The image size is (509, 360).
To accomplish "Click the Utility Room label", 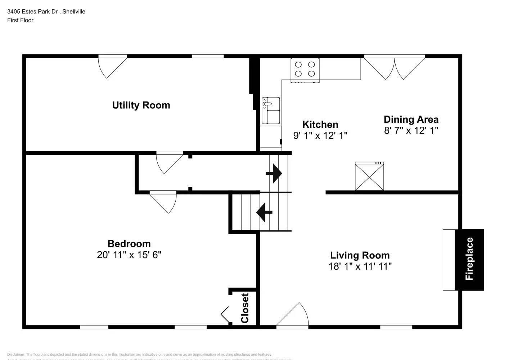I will point(141,105).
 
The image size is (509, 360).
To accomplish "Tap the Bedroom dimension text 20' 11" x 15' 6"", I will point(129,255).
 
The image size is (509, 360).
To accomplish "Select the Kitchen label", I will point(320,125).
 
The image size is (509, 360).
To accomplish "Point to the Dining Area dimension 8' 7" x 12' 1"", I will point(411,130).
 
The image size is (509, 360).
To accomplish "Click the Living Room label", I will point(360,255).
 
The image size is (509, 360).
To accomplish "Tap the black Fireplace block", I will point(469,259).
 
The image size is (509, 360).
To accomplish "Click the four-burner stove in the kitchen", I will point(305,69).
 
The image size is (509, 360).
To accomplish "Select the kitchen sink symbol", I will point(271,110).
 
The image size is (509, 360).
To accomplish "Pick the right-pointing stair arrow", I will point(274,174).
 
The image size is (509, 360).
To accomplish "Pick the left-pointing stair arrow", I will point(264,212).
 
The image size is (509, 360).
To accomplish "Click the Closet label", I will point(245,308).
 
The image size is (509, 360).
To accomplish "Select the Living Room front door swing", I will point(293,316).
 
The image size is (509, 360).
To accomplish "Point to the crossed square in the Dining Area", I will point(369,176).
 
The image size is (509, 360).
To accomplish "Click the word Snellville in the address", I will point(74,12).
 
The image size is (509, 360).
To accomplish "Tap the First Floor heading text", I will point(20,20).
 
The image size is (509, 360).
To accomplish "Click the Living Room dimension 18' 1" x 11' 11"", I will point(360,266).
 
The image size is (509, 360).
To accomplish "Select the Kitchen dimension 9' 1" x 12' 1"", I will point(320,136).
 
